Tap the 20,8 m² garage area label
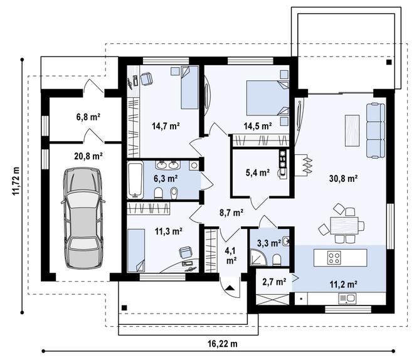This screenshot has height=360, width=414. click(x=88, y=156)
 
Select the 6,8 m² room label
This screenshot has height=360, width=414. click(x=88, y=117)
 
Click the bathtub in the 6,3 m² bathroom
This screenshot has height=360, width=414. click(x=135, y=180)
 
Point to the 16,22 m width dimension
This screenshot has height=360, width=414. click(x=222, y=344)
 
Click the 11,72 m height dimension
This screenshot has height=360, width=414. click(x=16, y=181)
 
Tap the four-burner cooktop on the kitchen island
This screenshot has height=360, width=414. click(x=334, y=258)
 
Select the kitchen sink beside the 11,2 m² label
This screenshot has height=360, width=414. click(x=348, y=299)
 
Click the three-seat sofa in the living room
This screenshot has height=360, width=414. click(x=376, y=130)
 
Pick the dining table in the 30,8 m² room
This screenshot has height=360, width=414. click(x=344, y=225)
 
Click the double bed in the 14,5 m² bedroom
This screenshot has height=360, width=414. click(x=268, y=98)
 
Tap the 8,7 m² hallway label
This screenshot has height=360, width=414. click(x=231, y=212)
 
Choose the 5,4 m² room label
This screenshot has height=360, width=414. click(x=257, y=172)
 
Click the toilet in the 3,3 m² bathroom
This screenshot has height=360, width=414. click(x=277, y=260)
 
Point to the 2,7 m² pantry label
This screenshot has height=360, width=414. click(x=274, y=282)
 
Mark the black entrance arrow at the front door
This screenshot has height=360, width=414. click(x=230, y=287)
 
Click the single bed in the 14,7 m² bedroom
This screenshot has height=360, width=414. click(x=189, y=87)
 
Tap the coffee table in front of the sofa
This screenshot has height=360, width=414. click(x=353, y=130)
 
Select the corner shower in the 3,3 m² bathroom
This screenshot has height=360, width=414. click(x=258, y=258)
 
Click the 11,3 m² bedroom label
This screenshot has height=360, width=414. click(x=168, y=231)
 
